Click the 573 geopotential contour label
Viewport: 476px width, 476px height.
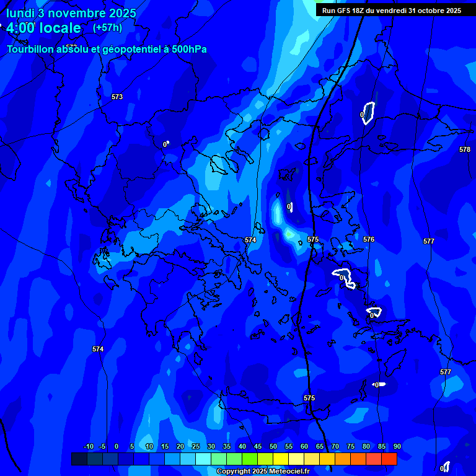coord(117,97)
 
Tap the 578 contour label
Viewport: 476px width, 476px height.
coord(465,150)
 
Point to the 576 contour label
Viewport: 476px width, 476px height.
coord(369,239)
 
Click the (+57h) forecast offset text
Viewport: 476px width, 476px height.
coord(107,27)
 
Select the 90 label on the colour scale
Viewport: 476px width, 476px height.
coord(397,447)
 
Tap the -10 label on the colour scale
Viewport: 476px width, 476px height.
coord(88,447)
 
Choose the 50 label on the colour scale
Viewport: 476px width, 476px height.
coord(273,447)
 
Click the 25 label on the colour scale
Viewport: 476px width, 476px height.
coord(196,447)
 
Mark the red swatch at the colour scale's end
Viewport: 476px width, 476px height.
coord(389,459)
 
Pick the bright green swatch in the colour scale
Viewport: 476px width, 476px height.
coord(250,459)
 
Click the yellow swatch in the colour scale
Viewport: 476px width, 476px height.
coord(281,459)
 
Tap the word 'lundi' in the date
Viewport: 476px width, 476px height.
coord(20,13)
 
